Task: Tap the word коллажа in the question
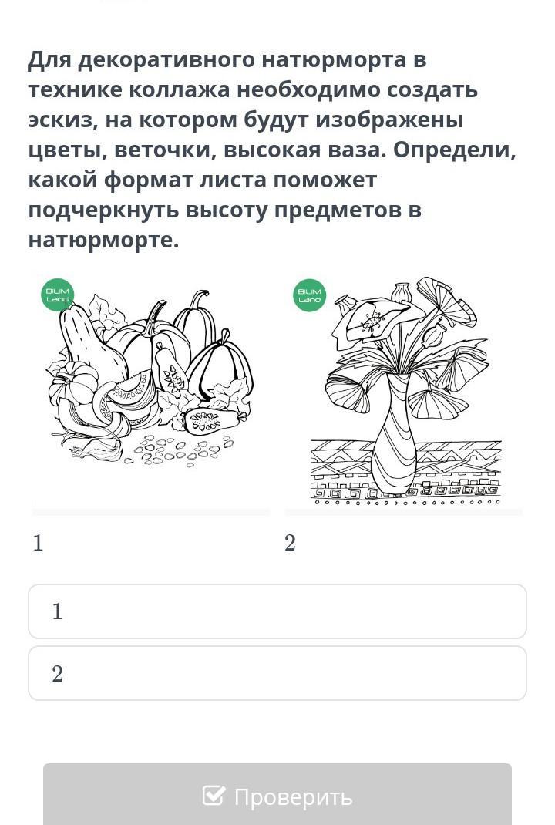click(180, 90)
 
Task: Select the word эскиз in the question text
click(63, 120)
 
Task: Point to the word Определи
click(455, 150)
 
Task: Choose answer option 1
click(277, 611)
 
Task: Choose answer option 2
click(277, 673)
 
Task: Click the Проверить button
click(277, 794)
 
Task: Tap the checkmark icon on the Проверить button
click(214, 795)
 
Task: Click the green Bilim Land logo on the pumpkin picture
click(57, 295)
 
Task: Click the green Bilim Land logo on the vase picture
click(309, 295)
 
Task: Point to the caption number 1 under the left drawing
click(37, 543)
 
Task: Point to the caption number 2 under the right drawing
click(290, 543)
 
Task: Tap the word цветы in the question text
click(67, 150)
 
